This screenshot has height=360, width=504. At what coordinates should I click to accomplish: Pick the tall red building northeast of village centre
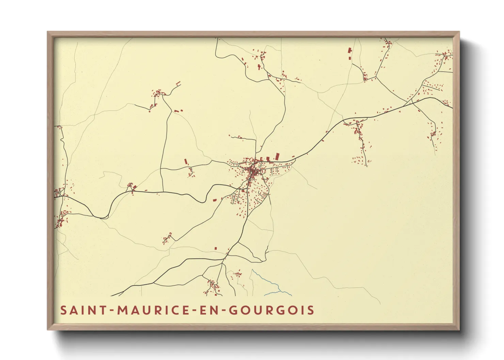click(x=277, y=157)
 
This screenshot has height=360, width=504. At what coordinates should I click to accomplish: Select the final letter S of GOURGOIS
click(x=310, y=310)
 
